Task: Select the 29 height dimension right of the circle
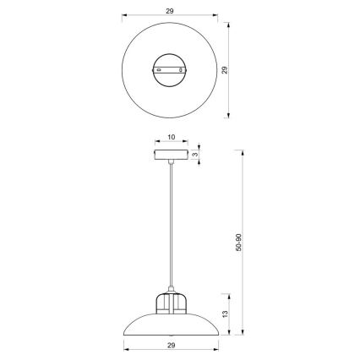[224, 72]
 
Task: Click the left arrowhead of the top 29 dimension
[123, 16]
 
